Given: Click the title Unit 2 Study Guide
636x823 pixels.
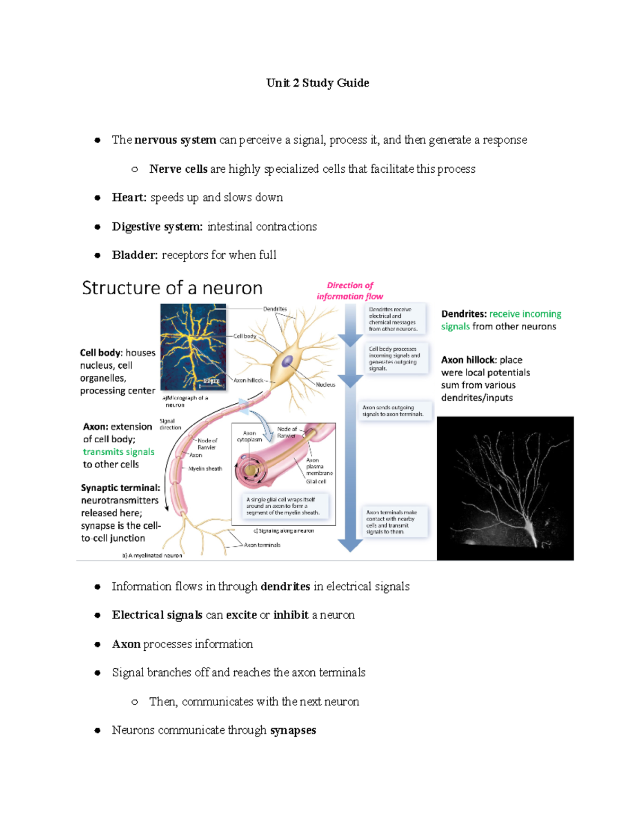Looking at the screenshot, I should [317, 83].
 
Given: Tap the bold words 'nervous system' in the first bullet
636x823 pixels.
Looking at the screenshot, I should [175, 140].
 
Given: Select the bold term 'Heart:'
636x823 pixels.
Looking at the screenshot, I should [129, 198].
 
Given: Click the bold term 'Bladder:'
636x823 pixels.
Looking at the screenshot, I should [135, 255].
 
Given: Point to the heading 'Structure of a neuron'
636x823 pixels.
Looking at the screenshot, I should [172, 288].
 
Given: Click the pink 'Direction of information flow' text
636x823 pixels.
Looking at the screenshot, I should [350, 291].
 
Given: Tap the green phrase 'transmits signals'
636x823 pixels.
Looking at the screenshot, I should [119, 452].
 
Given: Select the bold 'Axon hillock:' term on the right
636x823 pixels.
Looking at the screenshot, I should [469, 360].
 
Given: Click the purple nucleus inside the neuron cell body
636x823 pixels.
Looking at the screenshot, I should [287, 361].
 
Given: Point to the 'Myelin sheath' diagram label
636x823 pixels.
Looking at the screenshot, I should [205, 468].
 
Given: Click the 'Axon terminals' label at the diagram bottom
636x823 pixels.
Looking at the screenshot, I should [262, 545].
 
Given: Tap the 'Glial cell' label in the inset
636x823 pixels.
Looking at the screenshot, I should [316, 482].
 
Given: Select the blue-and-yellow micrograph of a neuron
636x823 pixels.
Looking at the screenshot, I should [193, 347].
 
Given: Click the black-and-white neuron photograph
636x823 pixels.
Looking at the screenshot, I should [505, 488].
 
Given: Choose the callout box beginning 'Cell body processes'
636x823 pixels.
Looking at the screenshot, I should [394, 359].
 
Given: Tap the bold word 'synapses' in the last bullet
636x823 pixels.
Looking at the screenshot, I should [293, 730].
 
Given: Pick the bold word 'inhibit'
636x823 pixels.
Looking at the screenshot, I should [291, 615].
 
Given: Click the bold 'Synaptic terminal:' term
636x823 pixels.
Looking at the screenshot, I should [120, 488].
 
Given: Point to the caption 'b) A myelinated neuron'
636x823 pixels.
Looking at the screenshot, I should [152, 555].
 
